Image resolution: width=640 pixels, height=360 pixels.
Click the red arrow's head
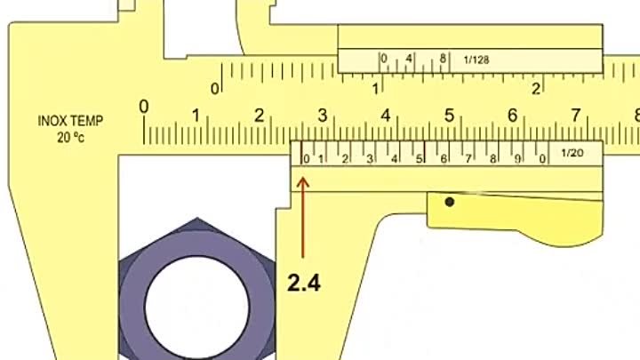coord(302,181)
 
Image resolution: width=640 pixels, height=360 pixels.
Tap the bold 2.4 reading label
coord(304,283)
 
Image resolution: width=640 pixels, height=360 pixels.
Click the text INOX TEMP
coord(70,121)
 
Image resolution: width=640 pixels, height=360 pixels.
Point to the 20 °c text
coord(70,137)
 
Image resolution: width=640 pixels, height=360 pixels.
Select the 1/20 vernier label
coord(572,153)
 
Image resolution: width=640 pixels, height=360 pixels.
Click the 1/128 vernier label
coord(476,60)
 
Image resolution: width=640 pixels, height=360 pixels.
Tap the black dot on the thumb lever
coord(450,202)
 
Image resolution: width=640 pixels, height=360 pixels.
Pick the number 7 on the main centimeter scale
coord(575,116)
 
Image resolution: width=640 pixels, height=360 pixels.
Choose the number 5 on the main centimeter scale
coord(449,116)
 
